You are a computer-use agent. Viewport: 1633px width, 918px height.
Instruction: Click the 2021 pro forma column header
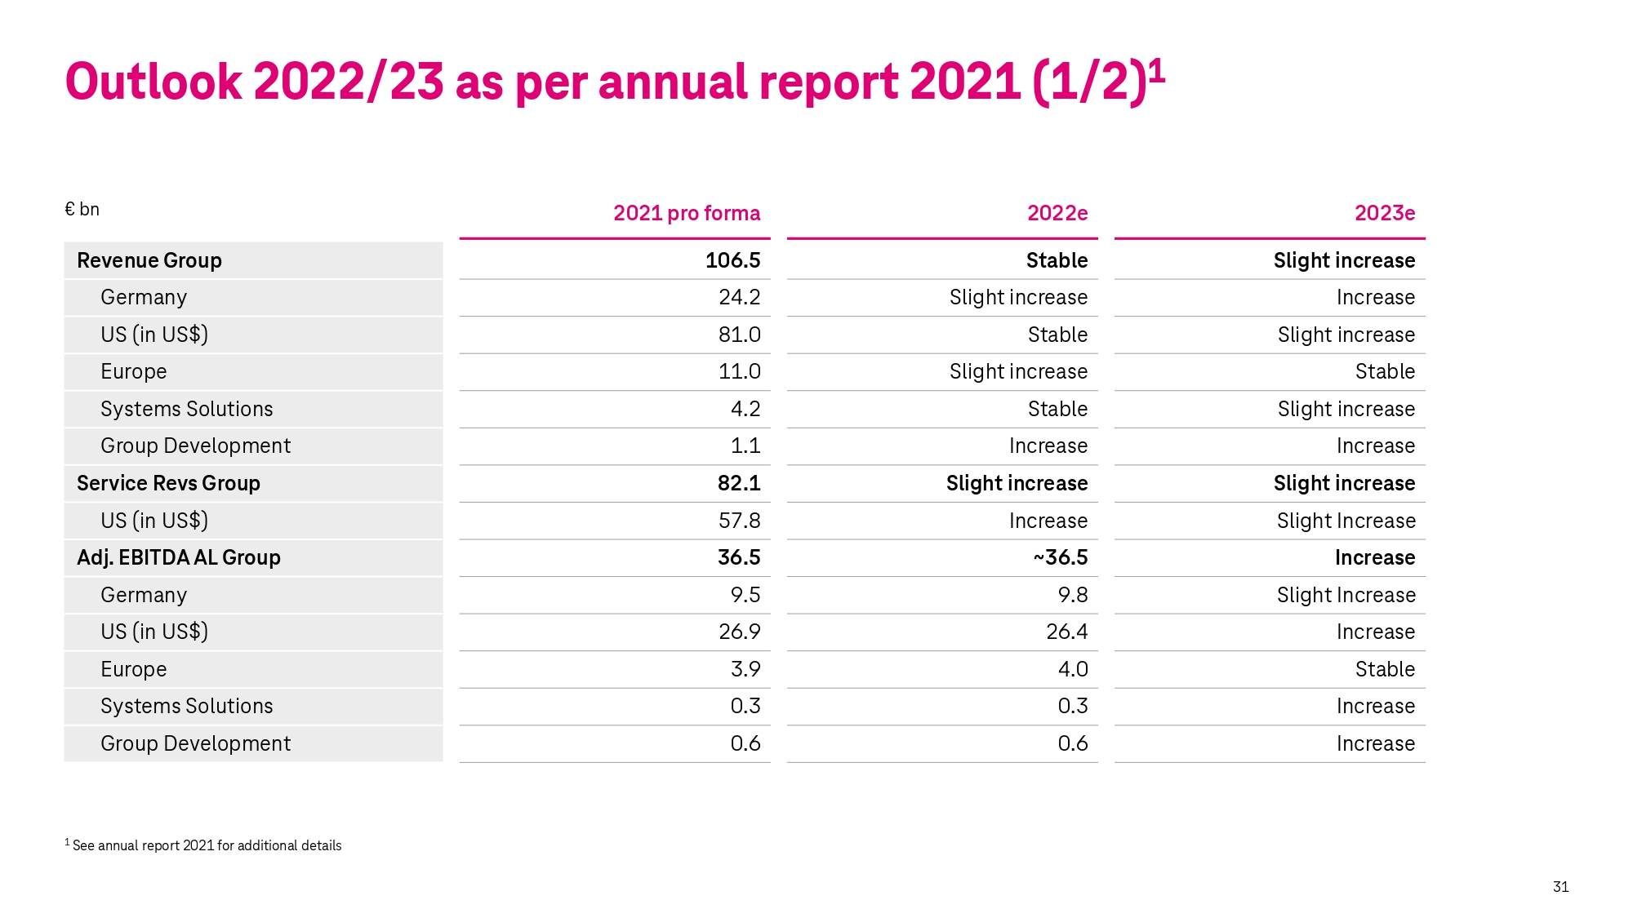686,213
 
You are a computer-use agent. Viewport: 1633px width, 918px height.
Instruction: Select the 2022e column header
1057,213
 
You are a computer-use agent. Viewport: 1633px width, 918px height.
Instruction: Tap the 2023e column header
1384,213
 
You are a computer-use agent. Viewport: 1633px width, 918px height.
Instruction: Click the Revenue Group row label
149,260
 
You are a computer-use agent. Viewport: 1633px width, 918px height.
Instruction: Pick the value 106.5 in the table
732,260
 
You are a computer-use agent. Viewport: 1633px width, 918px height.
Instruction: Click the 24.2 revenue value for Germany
739,297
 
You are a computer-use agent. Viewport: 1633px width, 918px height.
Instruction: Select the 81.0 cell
739,335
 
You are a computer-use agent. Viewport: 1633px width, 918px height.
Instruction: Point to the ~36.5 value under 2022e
1060,557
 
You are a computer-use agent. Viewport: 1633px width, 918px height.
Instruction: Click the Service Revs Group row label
168,483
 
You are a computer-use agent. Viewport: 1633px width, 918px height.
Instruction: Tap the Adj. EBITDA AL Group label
178,557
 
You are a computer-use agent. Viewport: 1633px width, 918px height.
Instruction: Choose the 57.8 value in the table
739,521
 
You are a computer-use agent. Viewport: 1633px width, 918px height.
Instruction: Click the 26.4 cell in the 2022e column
1066,632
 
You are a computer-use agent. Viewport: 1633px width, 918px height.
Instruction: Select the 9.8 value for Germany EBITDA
1072,595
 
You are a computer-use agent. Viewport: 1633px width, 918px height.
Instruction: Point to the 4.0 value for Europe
1072,669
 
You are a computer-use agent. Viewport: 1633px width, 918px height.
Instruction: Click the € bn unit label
82,210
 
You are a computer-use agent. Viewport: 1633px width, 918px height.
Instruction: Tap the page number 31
1560,887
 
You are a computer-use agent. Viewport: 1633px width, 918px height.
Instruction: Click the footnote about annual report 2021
204,845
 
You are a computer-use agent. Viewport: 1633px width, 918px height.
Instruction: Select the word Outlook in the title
153,82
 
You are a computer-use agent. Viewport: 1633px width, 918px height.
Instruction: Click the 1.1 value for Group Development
745,446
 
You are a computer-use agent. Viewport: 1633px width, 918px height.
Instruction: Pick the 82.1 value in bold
738,483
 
